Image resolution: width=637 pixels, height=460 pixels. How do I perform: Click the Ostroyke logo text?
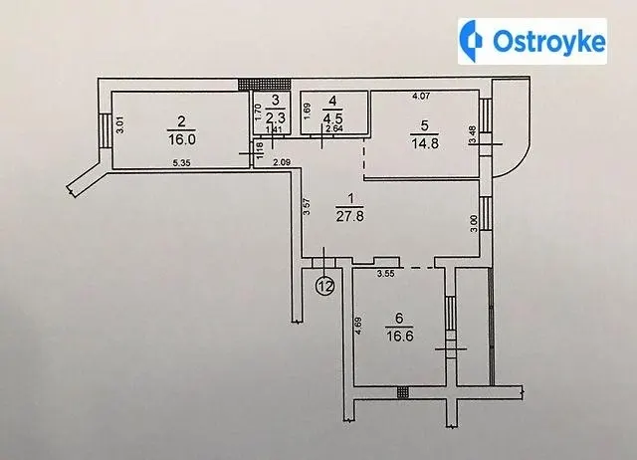click(x=549, y=41)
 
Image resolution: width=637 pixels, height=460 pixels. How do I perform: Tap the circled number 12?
click(x=325, y=286)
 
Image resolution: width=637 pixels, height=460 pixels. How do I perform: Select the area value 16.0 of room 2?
click(x=181, y=139)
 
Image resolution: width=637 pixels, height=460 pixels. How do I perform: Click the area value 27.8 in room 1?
click(x=349, y=216)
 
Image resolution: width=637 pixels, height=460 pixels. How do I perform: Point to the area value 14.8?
click(x=425, y=143)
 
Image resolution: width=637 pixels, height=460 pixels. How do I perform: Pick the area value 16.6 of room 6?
click(x=400, y=337)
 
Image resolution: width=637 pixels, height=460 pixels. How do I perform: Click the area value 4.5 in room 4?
click(x=332, y=117)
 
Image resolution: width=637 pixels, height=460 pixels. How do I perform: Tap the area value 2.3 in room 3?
click(x=276, y=117)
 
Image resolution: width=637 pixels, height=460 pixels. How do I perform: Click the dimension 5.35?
click(x=181, y=163)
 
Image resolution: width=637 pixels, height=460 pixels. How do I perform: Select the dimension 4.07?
click(x=421, y=97)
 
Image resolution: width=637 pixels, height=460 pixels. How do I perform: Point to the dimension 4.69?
click(x=358, y=326)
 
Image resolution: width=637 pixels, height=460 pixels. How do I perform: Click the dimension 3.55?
click(x=385, y=274)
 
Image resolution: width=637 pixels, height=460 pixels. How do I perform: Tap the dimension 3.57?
click(x=308, y=206)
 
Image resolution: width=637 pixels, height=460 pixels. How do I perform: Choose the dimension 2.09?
click(x=282, y=163)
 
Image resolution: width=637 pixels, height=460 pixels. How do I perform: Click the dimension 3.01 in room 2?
click(x=120, y=125)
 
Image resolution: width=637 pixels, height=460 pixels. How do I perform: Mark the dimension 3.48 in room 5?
click(x=472, y=135)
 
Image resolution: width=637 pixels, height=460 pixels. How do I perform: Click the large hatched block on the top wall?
click(x=265, y=84)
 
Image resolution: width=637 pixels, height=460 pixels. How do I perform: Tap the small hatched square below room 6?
click(x=402, y=392)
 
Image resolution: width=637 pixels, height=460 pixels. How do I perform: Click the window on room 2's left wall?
click(x=104, y=130)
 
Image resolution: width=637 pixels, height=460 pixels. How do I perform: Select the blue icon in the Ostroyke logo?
click(x=471, y=41)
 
